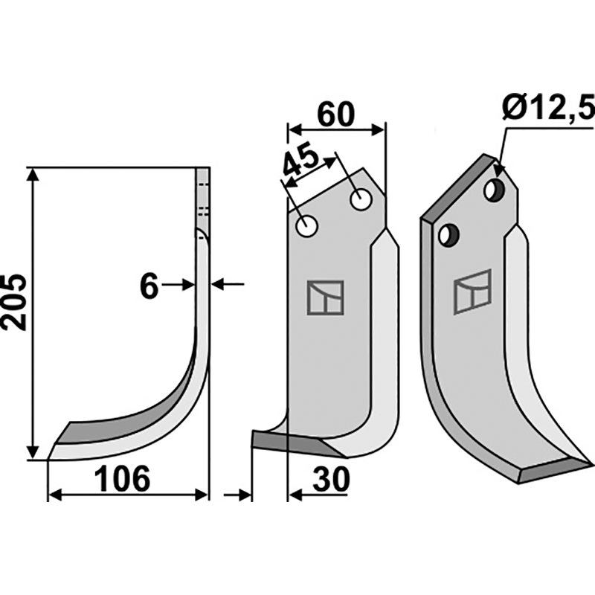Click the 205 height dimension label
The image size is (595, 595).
[14, 302]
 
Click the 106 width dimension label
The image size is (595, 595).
[122, 479]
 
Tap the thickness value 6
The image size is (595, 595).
[149, 286]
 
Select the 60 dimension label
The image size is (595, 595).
[336, 115]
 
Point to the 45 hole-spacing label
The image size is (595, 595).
[300, 159]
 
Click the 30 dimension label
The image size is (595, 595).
[331, 479]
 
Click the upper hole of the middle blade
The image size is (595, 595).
[361, 199]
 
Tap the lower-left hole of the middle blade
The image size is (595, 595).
[306, 227]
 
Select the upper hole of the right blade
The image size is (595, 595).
[495, 190]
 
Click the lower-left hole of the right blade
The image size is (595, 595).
[448, 236]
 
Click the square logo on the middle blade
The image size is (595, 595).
[325, 298]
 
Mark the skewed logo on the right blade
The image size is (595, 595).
[472, 292]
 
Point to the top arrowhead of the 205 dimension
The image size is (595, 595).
[33, 175]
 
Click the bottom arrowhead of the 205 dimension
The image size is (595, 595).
[33, 452]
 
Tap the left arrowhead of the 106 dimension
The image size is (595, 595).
[55, 495]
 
